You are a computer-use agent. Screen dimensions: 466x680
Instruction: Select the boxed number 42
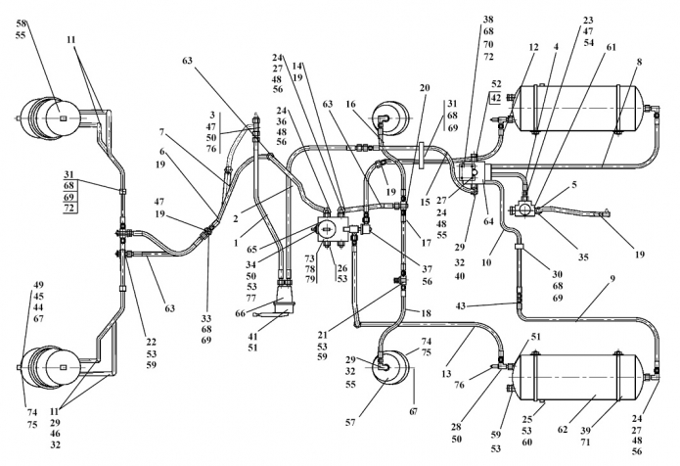pyautogui.click(x=497, y=98)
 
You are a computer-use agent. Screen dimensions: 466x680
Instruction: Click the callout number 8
pyautogui.click(x=639, y=62)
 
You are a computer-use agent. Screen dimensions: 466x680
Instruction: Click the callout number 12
pyautogui.click(x=533, y=48)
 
